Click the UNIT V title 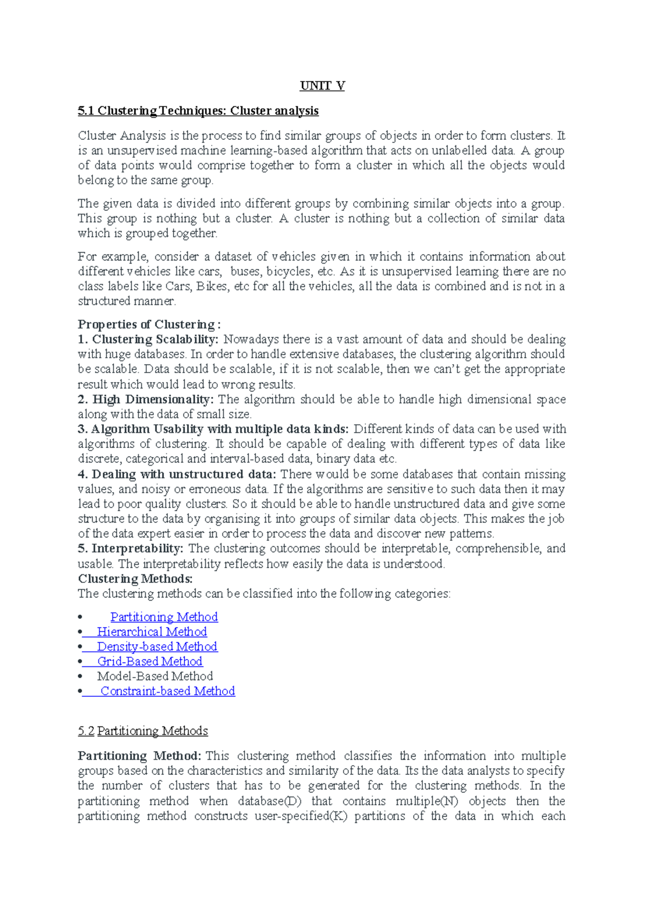pyautogui.click(x=322, y=86)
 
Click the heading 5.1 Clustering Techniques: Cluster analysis pyautogui.click(x=198, y=111)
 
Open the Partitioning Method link pyautogui.click(x=164, y=617)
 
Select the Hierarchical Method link pyautogui.click(x=152, y=632)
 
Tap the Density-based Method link pyautogui.click(x=157, y=646)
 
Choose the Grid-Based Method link pyautogui.click(x=149, y=661)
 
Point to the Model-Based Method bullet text pyautogui.click(x=155, y=676)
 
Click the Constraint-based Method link pyautogui.click(x=168, y=691)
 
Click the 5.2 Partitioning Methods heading pyautogui.click(x=143, y=731)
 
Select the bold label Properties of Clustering pyautogui.click(x=149, y=324)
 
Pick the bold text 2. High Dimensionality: pyautogui.click(x=146, y=400)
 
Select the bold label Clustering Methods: pyautogui.click(x=135, y=579)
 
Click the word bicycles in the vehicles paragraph pyautogui.click(x=288, y=272)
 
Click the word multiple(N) pyautogui.click(x=427, y=801)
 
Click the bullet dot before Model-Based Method pyautogui.click(x=80, y=676)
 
